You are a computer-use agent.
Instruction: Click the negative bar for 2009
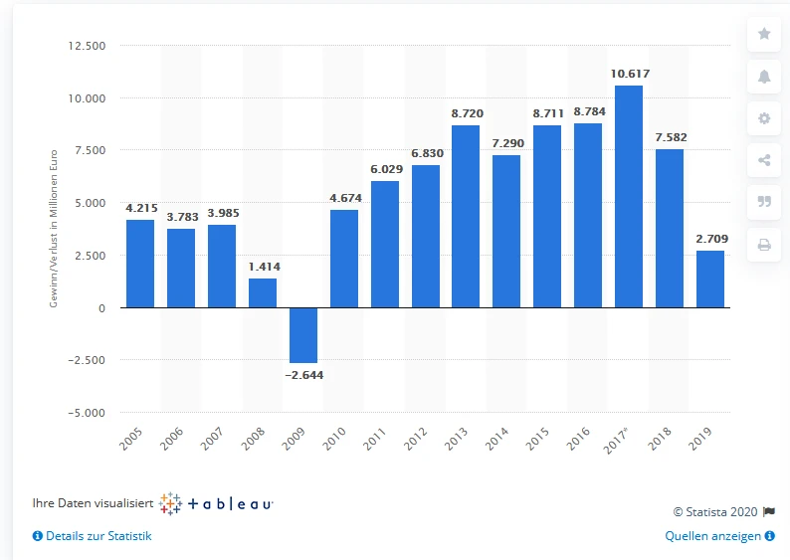tap(303, 335)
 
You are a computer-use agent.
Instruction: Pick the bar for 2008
tap(263, 292)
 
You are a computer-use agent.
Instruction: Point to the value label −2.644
tap(303, 375)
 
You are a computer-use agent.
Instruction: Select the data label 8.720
tap(466, 113)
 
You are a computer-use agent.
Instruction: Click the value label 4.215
tap(140, 208)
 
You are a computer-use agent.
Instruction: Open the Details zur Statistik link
tap(93, 536)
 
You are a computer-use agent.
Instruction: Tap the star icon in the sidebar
tap(764, 34)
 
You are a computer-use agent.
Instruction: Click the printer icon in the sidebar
tap(764, 245)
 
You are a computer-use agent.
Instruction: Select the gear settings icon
tap(764, 118)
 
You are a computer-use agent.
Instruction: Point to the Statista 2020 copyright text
tap(716, 511)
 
